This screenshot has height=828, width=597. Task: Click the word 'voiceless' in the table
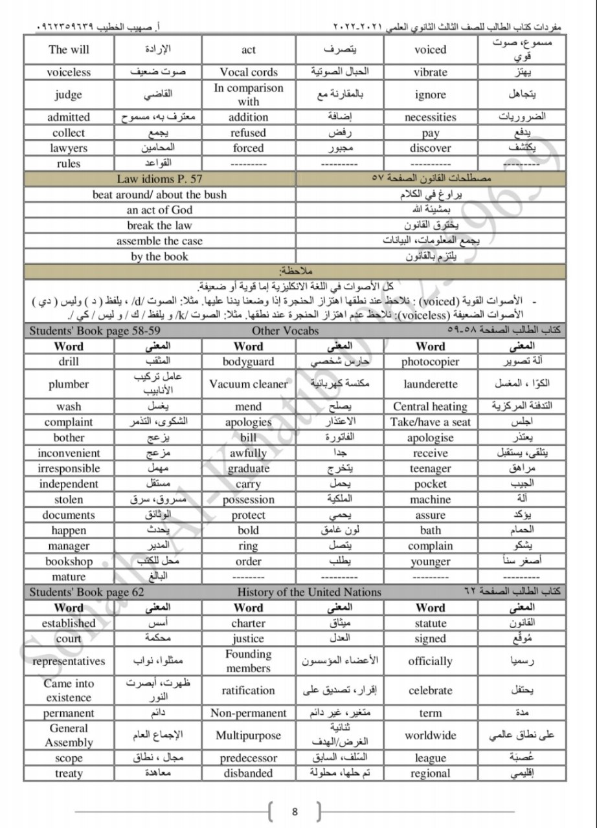(x=69, y=72)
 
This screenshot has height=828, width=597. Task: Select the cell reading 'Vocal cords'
(x=249, y=72)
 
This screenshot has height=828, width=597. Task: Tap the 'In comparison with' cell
(x=249, y=94)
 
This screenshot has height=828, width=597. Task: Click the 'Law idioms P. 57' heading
(x=159, y=179)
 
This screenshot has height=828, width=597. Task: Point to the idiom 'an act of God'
(x=159, y=210)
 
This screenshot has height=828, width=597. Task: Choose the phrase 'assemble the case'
(x=159, y=241)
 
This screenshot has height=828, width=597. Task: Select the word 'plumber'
(x=69, y=384)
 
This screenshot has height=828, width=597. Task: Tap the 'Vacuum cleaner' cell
(x=249, y=384)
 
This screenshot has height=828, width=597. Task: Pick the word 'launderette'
(x=431, y=384)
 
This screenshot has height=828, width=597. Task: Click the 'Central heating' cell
(x=431, y=407)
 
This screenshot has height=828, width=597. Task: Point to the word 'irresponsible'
(x=69, y=468)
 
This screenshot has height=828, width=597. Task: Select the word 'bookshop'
(x=69, y=561)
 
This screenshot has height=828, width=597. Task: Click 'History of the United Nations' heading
(x=309, y=593)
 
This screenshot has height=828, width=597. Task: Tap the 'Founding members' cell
(x=249, y=661)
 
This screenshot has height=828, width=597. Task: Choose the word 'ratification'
(x=249, y=691)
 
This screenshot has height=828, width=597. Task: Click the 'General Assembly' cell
(x=69, y=735)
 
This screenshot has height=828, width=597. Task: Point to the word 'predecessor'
(x=249, y=758)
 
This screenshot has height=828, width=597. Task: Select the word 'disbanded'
(x=249, y=774)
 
